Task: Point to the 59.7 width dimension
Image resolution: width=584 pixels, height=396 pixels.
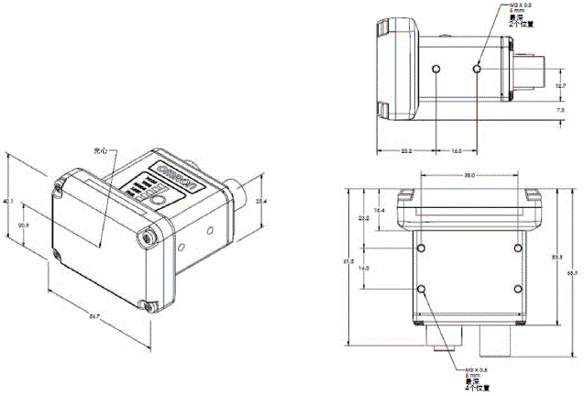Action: (94, 316)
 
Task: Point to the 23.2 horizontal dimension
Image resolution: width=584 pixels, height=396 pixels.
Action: (405, 151)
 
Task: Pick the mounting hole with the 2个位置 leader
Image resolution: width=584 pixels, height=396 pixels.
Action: (477, 69)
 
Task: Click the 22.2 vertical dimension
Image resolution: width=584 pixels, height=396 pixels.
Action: (364, 218)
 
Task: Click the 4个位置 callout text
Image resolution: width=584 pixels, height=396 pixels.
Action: (477, 388)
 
